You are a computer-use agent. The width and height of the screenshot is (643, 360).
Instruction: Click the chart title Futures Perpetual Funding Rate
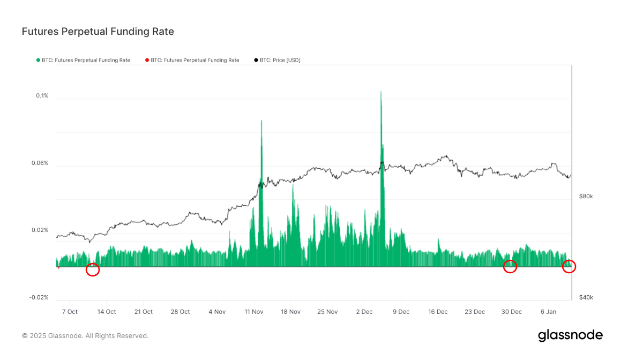pyautogui.click(x=98, y=32)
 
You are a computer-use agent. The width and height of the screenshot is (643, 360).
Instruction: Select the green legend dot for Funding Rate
pyautogui.click(x=38, y=60)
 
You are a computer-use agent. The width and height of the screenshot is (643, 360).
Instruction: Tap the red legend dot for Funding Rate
pyautogui.click(x=147, y=60)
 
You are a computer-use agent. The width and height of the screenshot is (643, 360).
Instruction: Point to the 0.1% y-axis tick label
pyautogui.click(x=42, y=96)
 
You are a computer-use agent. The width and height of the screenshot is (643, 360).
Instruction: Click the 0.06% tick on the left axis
pyautogui.click(x=40, y=163)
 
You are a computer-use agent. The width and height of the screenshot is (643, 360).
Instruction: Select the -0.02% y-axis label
pyautogui.click(x=39, y=297)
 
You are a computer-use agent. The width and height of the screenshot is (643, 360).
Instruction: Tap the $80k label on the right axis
pyautogui.click(x=586, y=197)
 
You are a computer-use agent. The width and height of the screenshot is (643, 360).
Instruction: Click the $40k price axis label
pyautogui.click(x=586, y=297)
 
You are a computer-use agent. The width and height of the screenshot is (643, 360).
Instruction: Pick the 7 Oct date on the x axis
pyautogui.click(x=70, y=312)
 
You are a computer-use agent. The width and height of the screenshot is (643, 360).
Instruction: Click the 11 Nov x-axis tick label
pyautogui.click(x=253, y=312)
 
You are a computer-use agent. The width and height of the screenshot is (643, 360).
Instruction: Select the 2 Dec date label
pyautogui.click(x=364, y=312)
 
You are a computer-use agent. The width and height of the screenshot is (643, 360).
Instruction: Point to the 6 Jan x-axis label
pyautogui.click(x=549, y=312)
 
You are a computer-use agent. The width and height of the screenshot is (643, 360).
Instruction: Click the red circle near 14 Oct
pyautogui.click(x=93, y=270)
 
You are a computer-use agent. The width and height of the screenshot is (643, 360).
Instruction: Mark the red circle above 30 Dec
pyautogui.click(x=510, y=266)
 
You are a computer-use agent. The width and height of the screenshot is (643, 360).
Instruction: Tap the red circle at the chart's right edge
pyautogui.click(x=569, y=266)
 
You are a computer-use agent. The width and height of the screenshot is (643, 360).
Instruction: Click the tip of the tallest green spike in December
pyautogui.click(x=381, y=92)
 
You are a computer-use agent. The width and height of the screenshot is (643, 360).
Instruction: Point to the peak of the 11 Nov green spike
pyautogui.click(x=261, y=121)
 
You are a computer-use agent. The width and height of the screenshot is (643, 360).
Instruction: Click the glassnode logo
pyautogui.click(x=570, y=335)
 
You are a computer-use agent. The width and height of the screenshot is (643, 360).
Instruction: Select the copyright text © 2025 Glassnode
pyautogui.click(x=85, y=336)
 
